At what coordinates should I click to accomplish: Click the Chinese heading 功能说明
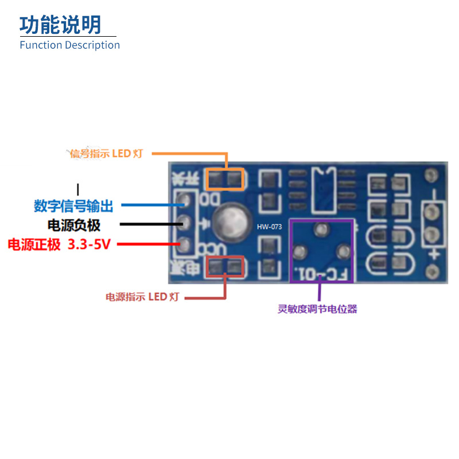[x=60, y=25]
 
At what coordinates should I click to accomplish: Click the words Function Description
[x=69, y=45]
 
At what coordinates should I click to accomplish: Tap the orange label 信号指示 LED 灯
[x=106, y=154]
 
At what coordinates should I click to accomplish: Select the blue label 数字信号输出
[x=73, y=205]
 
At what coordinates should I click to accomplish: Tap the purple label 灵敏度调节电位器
[x=317, y=309]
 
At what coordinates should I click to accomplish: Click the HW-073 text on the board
[x=269, y=227]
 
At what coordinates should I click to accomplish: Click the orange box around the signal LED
[x=225, y=180]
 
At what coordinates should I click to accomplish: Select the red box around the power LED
[x=225, y=267]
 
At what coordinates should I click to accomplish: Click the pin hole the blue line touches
[x=184, y=201]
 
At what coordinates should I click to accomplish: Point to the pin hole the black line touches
[x=184, y=222]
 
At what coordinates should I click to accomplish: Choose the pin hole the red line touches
[x=184, y=244]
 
